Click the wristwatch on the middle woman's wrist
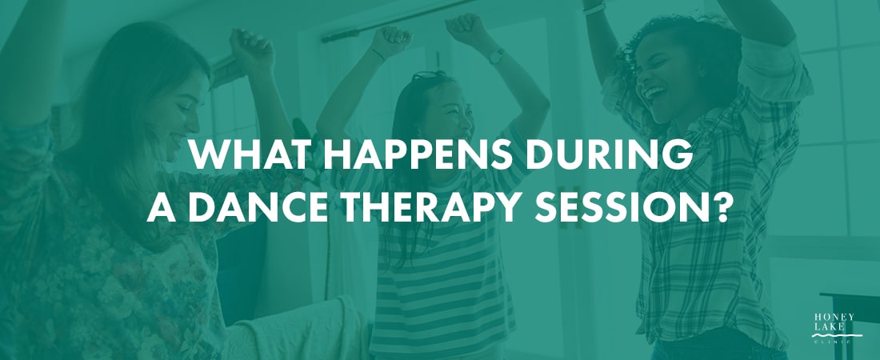[x=494, y=55]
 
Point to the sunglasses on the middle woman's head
[x=430, y=75]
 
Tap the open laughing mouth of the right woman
[x=654, y=92]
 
